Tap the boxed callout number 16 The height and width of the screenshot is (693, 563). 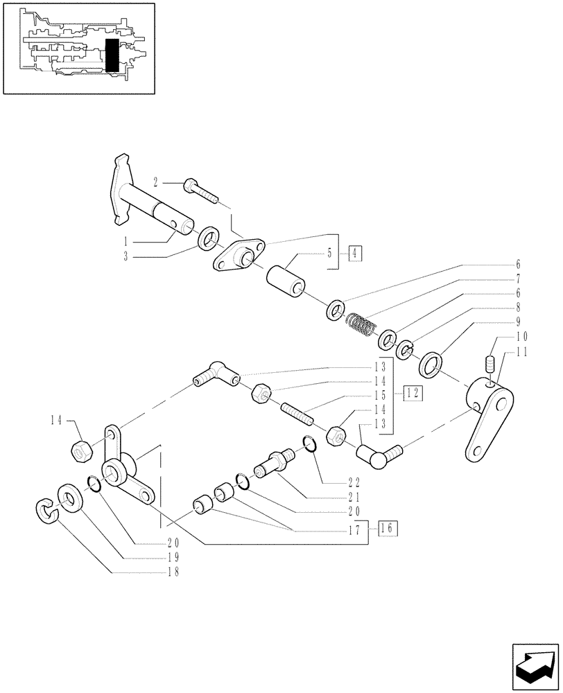388,528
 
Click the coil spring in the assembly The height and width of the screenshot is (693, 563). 361,323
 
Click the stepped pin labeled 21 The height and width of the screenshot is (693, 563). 274,462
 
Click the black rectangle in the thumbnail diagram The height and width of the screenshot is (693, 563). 112,56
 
